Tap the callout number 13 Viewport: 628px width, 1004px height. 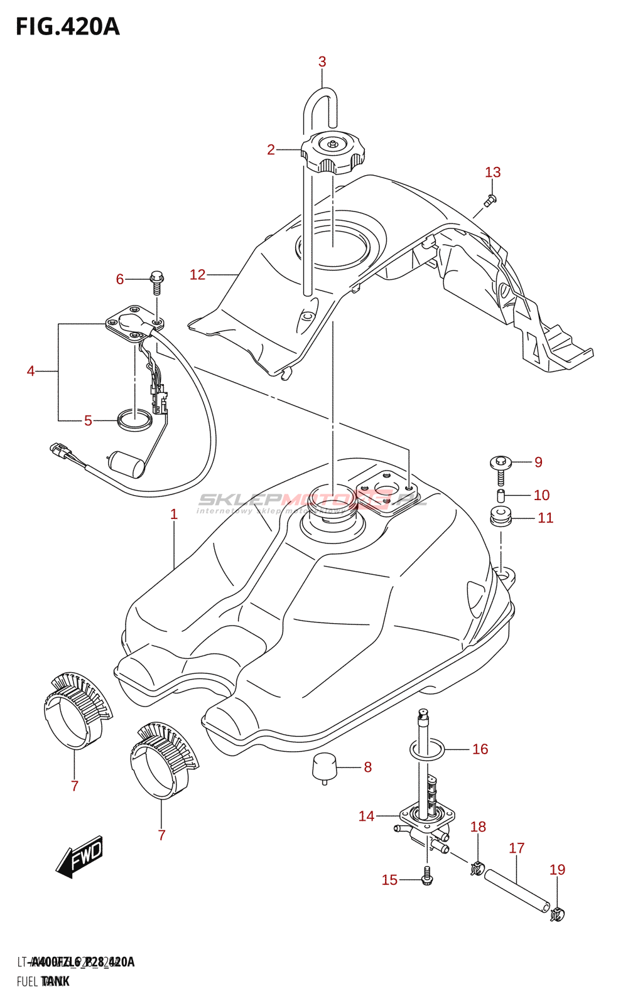[493, 173]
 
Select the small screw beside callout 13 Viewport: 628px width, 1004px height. [490, 200]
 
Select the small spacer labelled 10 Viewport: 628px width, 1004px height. [501, 496]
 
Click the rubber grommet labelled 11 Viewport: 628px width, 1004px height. [501, 518]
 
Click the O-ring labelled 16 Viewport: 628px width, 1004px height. [427, 749]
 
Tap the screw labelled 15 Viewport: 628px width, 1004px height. [427, 877]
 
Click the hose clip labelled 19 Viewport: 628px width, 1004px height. [556, 914]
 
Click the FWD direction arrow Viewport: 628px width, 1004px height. [79, 857]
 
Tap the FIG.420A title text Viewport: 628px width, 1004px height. [67, 27]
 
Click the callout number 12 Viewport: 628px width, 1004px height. [197, 275]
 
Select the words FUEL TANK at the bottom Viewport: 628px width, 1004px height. [43, 981]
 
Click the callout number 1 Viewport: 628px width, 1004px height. [174, 515]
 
